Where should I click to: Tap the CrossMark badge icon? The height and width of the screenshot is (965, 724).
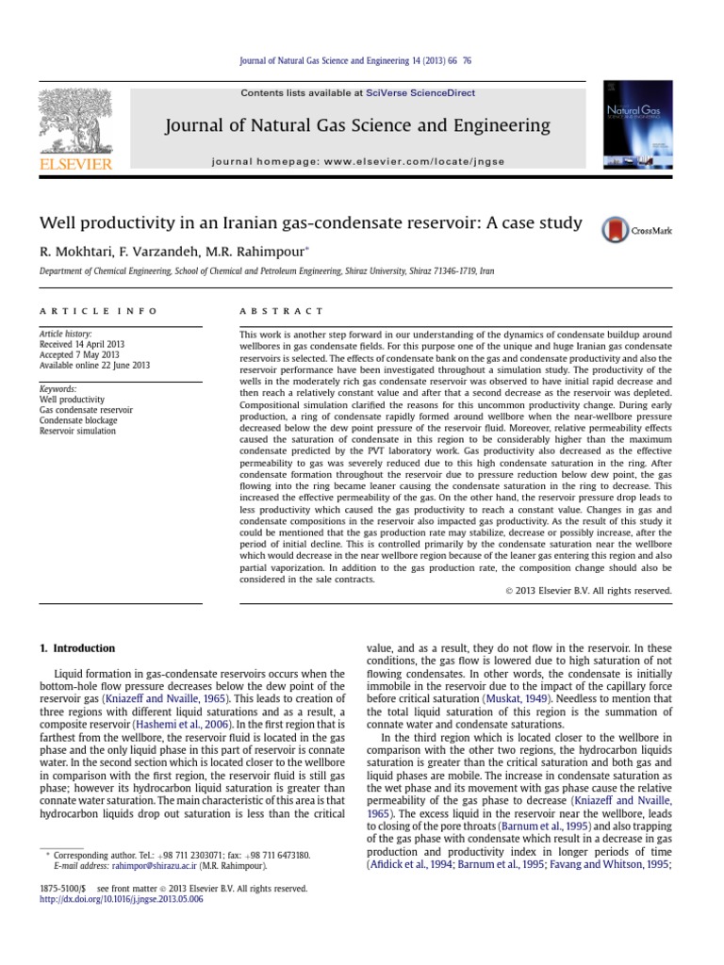pyautogui.click(x=615, y=230)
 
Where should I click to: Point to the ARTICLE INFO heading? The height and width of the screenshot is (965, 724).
pyautogui.click(x=98, y=311)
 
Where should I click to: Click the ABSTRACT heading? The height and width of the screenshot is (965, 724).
pyautogui.click(x=281, y=311)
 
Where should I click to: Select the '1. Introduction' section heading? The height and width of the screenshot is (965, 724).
pyautogui.click(x=76, y=648)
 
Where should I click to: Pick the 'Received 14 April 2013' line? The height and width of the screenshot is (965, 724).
pyautogui.click(x=83, y=344)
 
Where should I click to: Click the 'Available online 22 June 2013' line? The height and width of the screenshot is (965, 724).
pyautogui.click(x=96, y=365)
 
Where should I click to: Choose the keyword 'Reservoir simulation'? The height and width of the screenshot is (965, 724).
pyautogui.click(x=77, y=431)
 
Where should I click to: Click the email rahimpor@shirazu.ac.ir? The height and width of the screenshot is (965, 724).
pyautogui.click(x=156, y=863)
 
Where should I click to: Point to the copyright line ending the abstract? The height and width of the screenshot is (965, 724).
pyautogui.click(x=583, y=591)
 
